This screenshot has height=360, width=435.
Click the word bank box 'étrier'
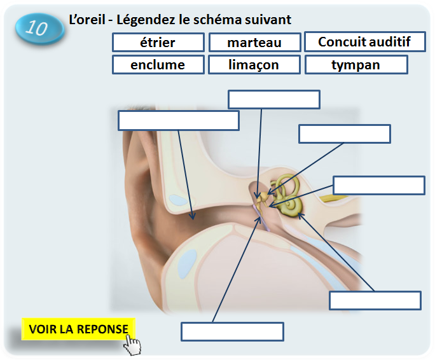[x=158, y=43]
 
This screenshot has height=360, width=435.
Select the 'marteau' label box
[x=254, y=43]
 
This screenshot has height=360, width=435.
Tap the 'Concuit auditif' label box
[x=365, y=41]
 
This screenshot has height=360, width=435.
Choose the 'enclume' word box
[x=158, y=65]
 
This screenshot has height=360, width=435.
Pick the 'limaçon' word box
[x=254, y=65]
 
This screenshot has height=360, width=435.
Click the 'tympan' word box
[x=356, y=65]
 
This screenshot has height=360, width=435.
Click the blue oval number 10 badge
[x=39, y=29]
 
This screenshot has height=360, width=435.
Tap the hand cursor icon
[x=132, y=345]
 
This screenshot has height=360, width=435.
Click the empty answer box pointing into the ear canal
[x=179, y=121]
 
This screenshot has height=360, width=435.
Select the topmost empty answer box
[x=274, y=99]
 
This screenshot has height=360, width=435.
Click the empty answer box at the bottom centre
[x=232, y=331]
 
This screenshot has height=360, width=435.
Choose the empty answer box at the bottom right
[x=375, y=300]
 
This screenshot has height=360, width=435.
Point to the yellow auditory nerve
[x=336, y=198]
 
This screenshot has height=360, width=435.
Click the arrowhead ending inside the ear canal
[x=192, y=216]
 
